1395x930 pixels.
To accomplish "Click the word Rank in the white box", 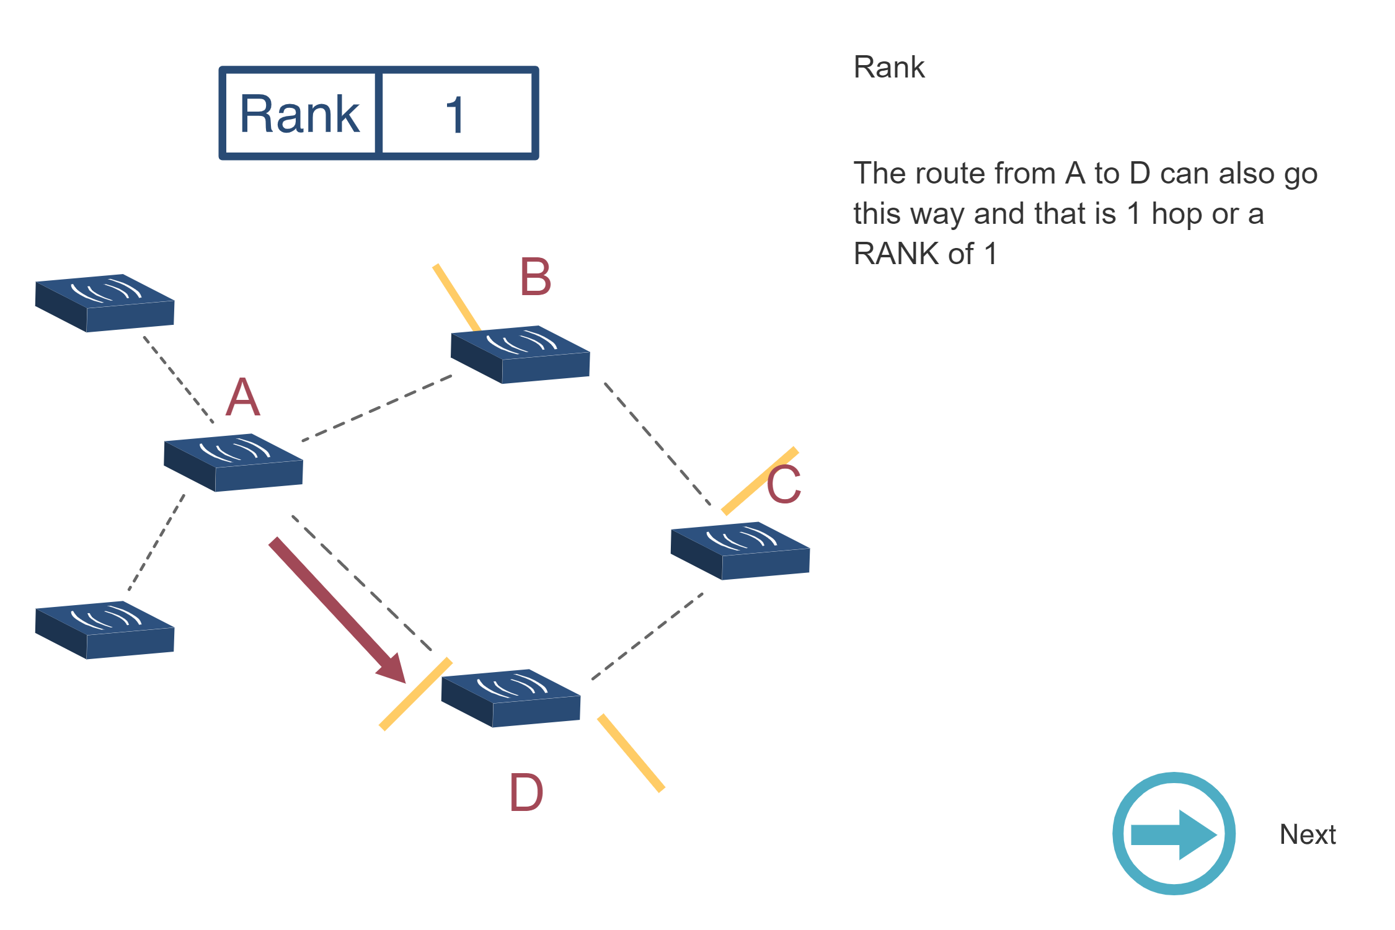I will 299,114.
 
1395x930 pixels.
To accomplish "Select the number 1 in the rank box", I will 455,115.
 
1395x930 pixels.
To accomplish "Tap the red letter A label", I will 242,397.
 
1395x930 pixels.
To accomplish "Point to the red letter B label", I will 535,277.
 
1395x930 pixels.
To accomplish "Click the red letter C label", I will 784,485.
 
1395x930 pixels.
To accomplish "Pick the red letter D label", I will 526,793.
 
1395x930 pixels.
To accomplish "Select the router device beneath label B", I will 520,354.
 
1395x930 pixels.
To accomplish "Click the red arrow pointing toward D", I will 335,608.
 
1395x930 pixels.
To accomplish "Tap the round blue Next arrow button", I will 1174,834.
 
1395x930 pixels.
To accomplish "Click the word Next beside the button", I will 1307,835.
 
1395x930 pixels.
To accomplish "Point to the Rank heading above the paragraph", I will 888,67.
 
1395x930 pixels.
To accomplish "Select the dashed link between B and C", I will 657,444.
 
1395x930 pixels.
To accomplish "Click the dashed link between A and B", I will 377,408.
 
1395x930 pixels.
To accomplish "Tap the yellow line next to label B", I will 456,297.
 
